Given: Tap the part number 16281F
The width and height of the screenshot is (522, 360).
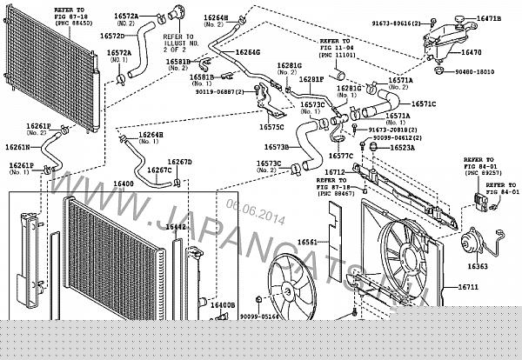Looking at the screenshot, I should (x=311, y=79).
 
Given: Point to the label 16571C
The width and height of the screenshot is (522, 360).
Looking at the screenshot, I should (x=423, y=103).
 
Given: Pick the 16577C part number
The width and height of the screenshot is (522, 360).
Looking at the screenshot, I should (x=340, y=156).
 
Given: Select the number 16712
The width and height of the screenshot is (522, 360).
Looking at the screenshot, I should (x=336, y=172).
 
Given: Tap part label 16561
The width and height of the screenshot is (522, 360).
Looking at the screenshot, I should (x=307, y=241).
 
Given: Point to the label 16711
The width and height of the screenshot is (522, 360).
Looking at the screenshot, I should (x=468, y=287).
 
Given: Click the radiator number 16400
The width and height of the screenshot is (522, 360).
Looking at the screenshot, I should (x=124, y=184).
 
